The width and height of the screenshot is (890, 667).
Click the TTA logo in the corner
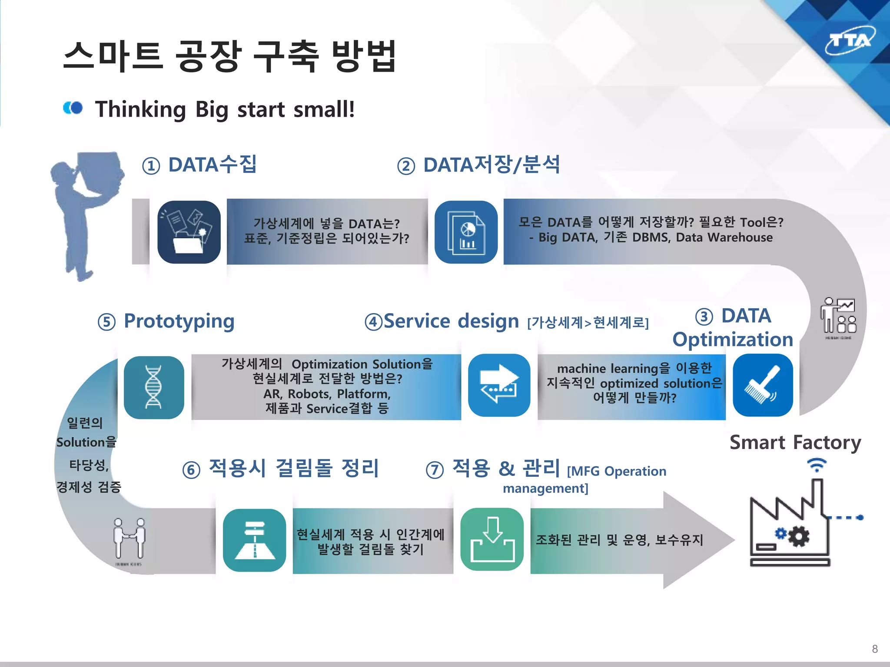(850, 41)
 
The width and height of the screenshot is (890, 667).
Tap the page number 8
(874, 649)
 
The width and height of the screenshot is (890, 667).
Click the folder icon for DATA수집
(189, 232)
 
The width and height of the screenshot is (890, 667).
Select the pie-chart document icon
(466, 232)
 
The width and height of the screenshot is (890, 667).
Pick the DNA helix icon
(154, 387)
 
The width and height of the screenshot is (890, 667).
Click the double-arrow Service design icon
(499, 385)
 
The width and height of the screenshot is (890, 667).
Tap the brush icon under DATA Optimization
(763, 385)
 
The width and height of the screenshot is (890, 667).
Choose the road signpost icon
(255, 540)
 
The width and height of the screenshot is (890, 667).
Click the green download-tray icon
(492, 539)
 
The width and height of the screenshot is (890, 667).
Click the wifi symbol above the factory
(817, 465)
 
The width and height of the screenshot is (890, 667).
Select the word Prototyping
(179, 321)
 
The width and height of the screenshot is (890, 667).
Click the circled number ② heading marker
(406, 166)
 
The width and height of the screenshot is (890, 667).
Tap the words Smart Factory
(795, 443)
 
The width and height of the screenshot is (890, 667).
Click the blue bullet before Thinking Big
(73, 108)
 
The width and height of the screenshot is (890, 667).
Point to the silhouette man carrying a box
(85, 213)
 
